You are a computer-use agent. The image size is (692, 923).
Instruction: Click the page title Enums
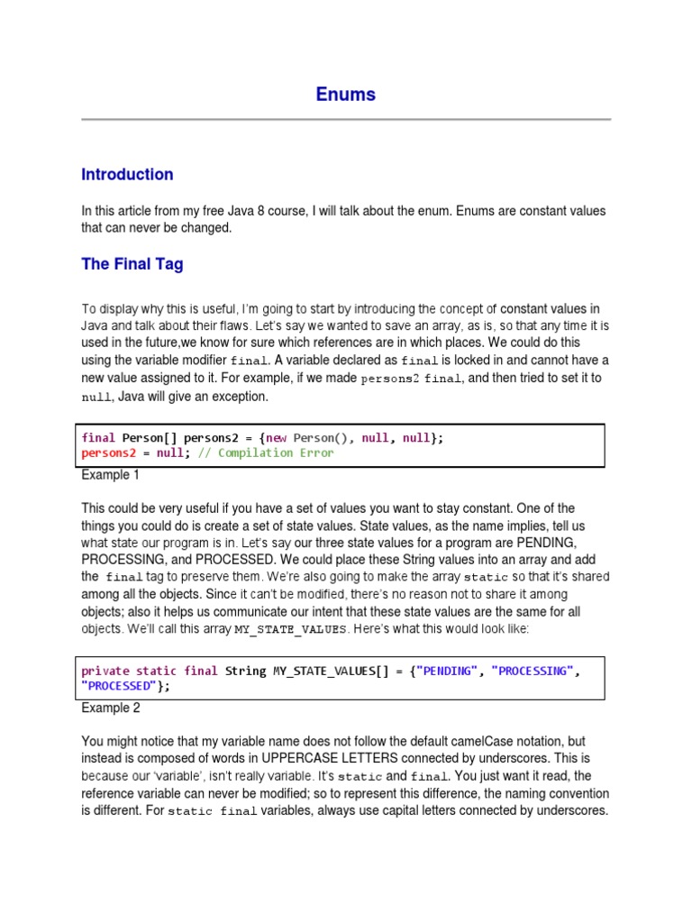tap(346, 95)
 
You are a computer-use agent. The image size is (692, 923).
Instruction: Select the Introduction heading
tap(127, 175)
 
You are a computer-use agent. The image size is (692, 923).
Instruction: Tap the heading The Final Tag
tap(132, 264)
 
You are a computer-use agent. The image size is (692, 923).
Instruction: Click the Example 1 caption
tap(111, 474)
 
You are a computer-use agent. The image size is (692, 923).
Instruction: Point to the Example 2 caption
tap(111, 708)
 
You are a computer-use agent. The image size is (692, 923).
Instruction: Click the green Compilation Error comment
tap(276, 452)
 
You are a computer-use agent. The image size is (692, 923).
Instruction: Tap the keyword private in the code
tap(105, 671)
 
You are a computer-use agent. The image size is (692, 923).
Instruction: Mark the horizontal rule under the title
tap(346, 119)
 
